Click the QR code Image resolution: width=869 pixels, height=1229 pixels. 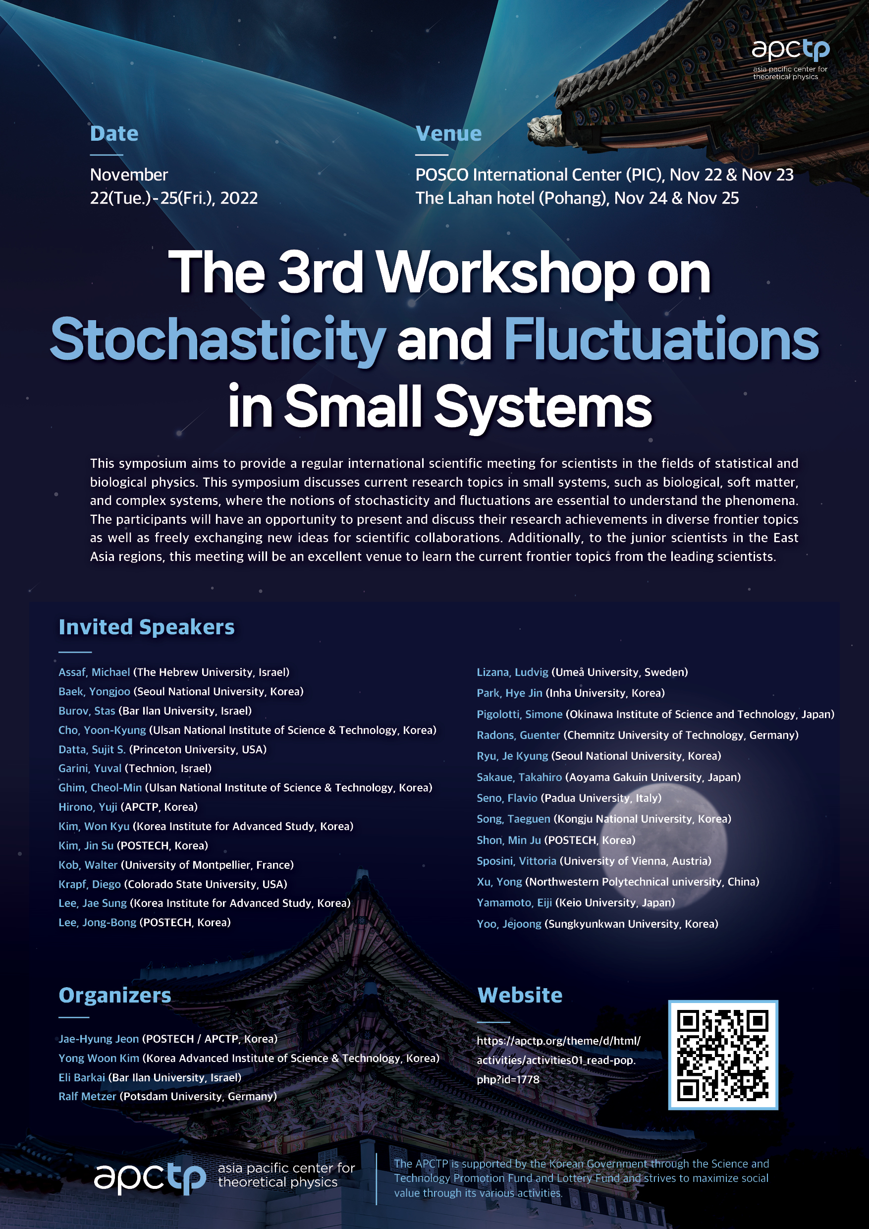723,1055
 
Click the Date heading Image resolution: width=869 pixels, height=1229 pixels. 114,133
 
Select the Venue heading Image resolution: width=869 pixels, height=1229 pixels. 448,133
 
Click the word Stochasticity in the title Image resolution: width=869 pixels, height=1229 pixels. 218,340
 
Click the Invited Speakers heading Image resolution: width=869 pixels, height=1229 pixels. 147,627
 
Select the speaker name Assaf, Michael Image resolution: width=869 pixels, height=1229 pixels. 94,672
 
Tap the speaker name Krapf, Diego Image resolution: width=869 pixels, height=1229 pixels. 89,884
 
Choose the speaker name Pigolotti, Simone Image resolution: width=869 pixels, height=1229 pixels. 520,714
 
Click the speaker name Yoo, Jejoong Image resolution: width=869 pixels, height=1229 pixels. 509,924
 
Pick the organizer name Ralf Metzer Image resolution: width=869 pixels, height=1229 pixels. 87,1096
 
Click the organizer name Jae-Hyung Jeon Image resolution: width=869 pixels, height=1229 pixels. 99,1039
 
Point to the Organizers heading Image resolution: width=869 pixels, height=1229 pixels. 115,995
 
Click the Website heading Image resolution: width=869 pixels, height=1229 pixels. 520,995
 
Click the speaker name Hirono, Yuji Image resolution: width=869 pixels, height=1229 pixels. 88,807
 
